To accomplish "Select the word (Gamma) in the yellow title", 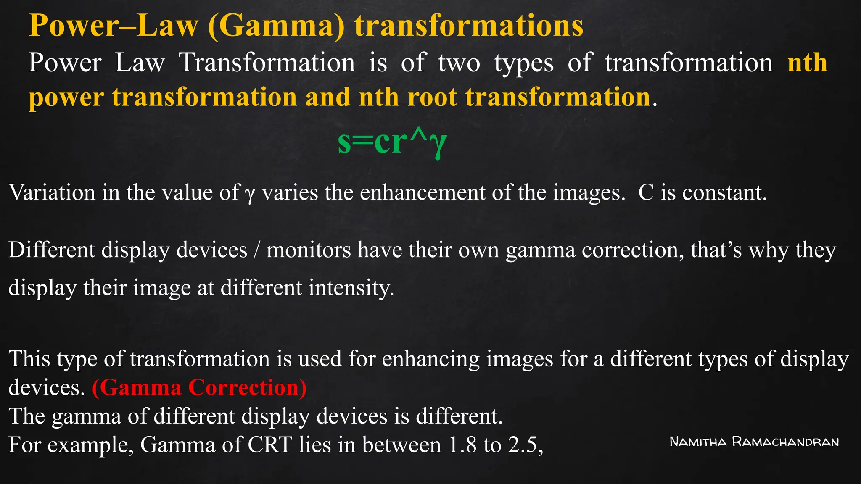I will pos(276,26).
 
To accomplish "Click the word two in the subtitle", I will pos(459,63).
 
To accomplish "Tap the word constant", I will pos(724,193).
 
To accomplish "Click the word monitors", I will pos(309,250).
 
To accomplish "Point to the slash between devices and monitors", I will pos(256,250).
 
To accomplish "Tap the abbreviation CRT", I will pos(270,445).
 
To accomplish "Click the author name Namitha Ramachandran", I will pos(754,442).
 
